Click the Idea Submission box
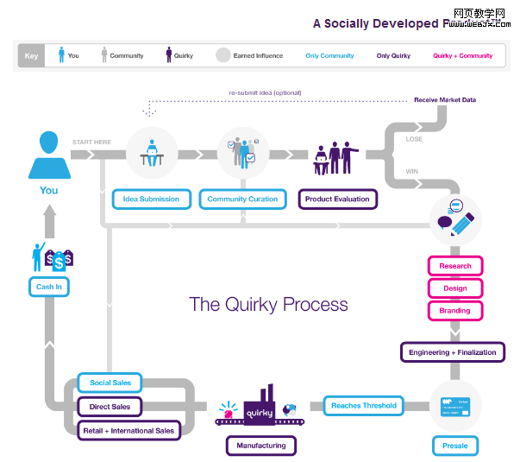click(x=151, y=199)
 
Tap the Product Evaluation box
click(x=337, y=199)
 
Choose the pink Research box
click(x=455, y=266)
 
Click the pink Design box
click(x=455, y=288)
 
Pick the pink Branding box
click(x=455, y=310)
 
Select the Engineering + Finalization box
click(x=453, y=352)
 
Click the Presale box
click(x=454, y=446)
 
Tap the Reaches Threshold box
click(x=364, y=405)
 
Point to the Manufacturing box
click(x=261, y=446)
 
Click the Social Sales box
click(x=110, y=383)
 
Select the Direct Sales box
click(x=110, y=406)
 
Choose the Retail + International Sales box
click(x=128, y=430)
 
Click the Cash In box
click(x=49, y=287)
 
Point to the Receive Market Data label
click(x=444, y=100)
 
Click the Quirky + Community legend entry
click(x=462, y=56)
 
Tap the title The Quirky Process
click(x=268, y=304)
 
